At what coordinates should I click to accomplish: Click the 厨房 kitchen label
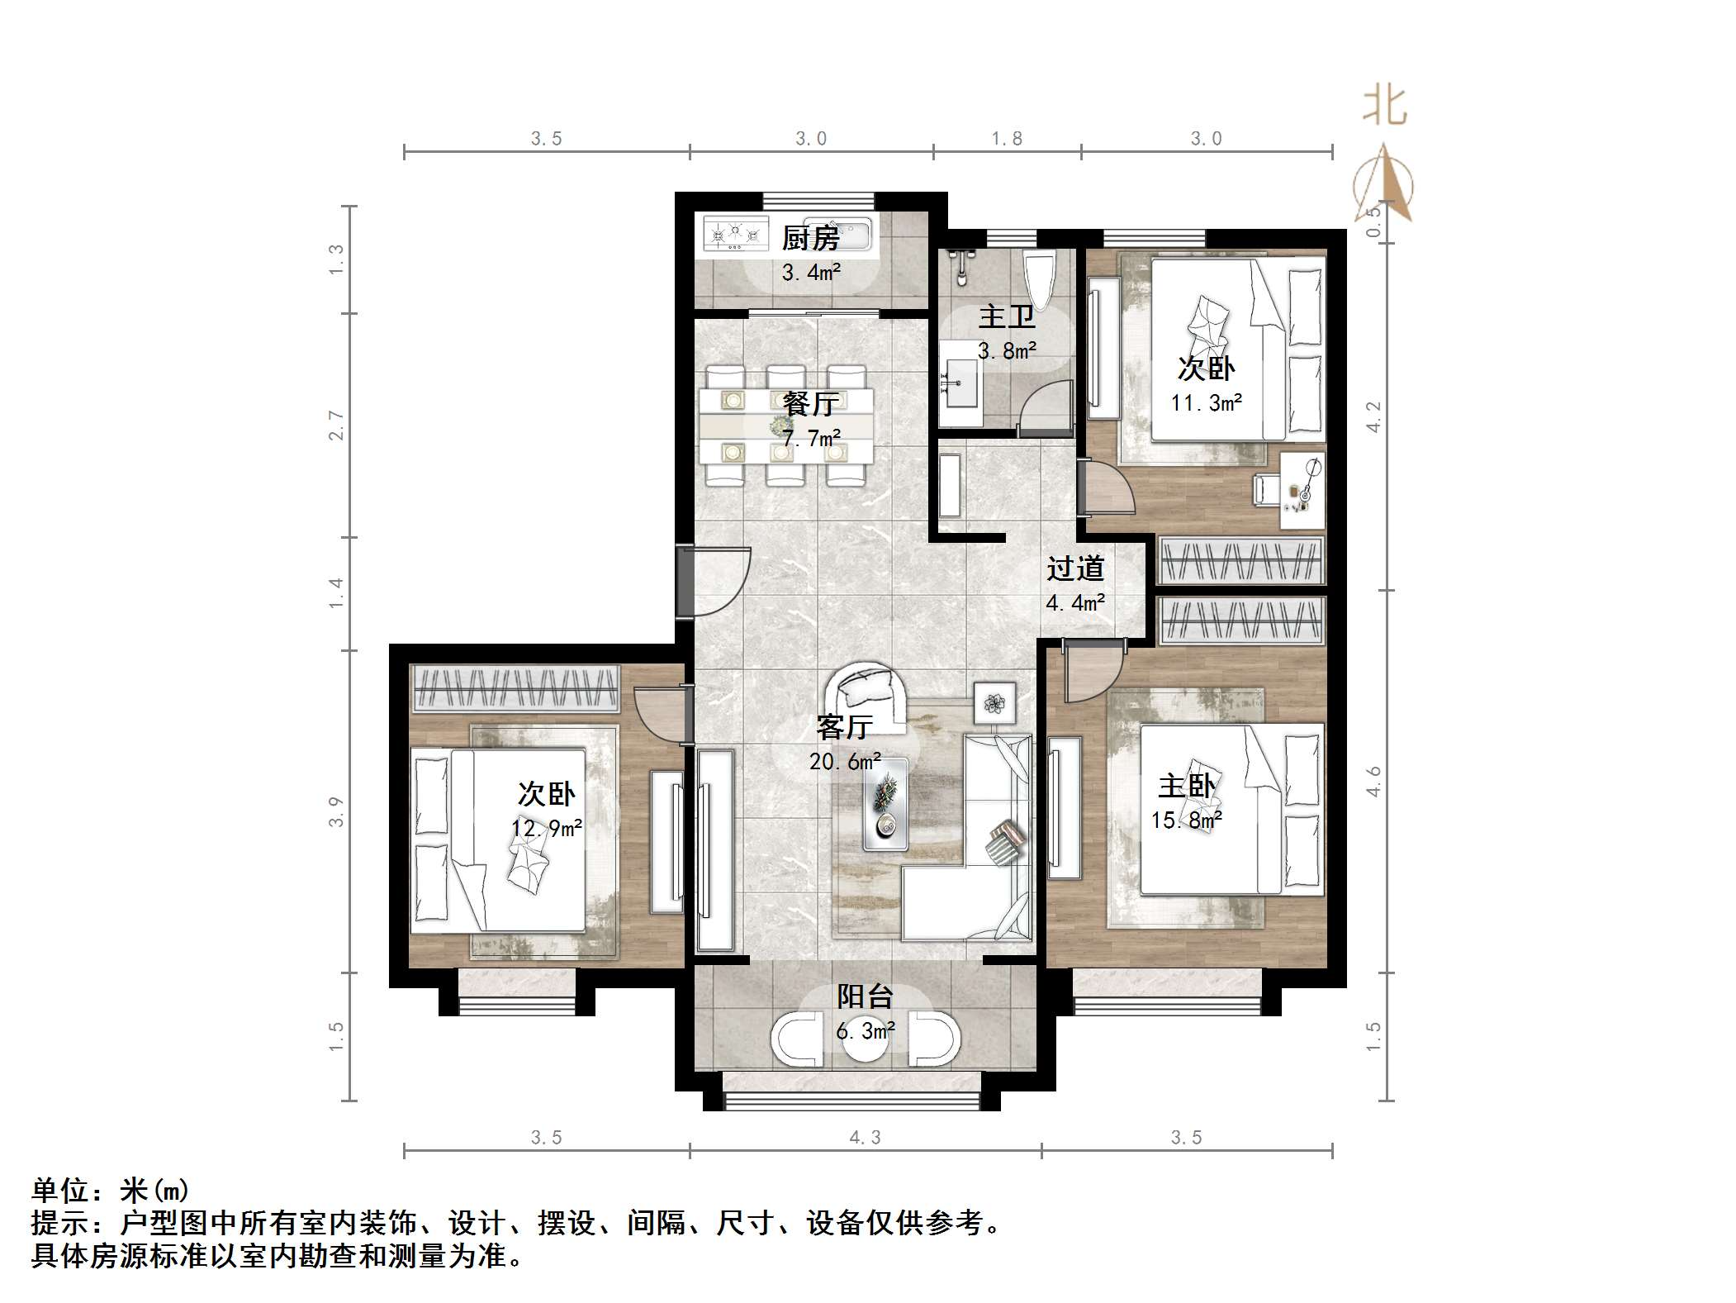click(810, 239)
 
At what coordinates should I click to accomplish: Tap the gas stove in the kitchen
click(734, 235)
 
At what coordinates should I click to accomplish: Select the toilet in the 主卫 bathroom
click(1039, 278)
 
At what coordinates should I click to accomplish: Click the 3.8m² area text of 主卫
click(1007, 351)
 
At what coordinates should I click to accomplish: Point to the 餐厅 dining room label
click(810, 404)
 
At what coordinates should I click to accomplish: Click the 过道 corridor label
click(1075, 568)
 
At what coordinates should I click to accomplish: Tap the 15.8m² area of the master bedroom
click(1187, 820)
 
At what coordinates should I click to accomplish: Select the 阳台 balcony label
click(865, 996)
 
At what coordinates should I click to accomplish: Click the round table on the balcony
click(865, 1043)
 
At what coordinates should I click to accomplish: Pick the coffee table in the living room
click(885, 804)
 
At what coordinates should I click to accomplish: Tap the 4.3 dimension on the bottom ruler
click(865, 1138)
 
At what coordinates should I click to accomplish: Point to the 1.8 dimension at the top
click(1007, 139)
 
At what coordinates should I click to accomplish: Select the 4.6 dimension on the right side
click(1373, 782)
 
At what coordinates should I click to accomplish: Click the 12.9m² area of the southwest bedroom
click(546, 827)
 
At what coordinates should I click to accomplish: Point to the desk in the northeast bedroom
click(1302, 490)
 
